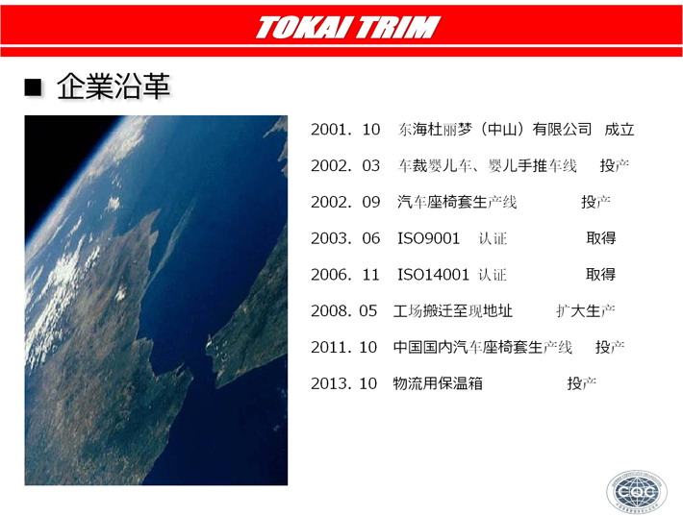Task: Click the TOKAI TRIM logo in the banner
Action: (x=348, y=28)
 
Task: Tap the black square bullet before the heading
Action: (x=33, y=87)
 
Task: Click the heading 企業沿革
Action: (x=114, y=86)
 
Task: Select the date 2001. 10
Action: (x=345, y=129)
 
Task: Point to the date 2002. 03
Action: (x=345, y=166)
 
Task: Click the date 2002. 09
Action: (x=345, y=202)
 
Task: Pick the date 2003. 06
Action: (x=345, y=238)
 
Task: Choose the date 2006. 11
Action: (x=345, y=275)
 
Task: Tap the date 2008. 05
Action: (x=343, y=311)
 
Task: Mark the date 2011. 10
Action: (x=343, y=347)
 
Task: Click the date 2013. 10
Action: (x=343, y=383)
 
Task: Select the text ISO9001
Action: (x=429, y=238)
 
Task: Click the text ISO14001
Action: (x=434, y=275)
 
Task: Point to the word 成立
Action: (x=619, y=129)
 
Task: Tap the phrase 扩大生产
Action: (x=586, y=311)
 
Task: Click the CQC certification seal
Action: (x=637, y=492)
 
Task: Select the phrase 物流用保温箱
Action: (x=438, y=383)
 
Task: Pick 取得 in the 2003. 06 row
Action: (x=601, y=238)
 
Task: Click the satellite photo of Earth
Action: (x=156, y=300)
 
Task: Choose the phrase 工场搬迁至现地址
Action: (x=452, y=311)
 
